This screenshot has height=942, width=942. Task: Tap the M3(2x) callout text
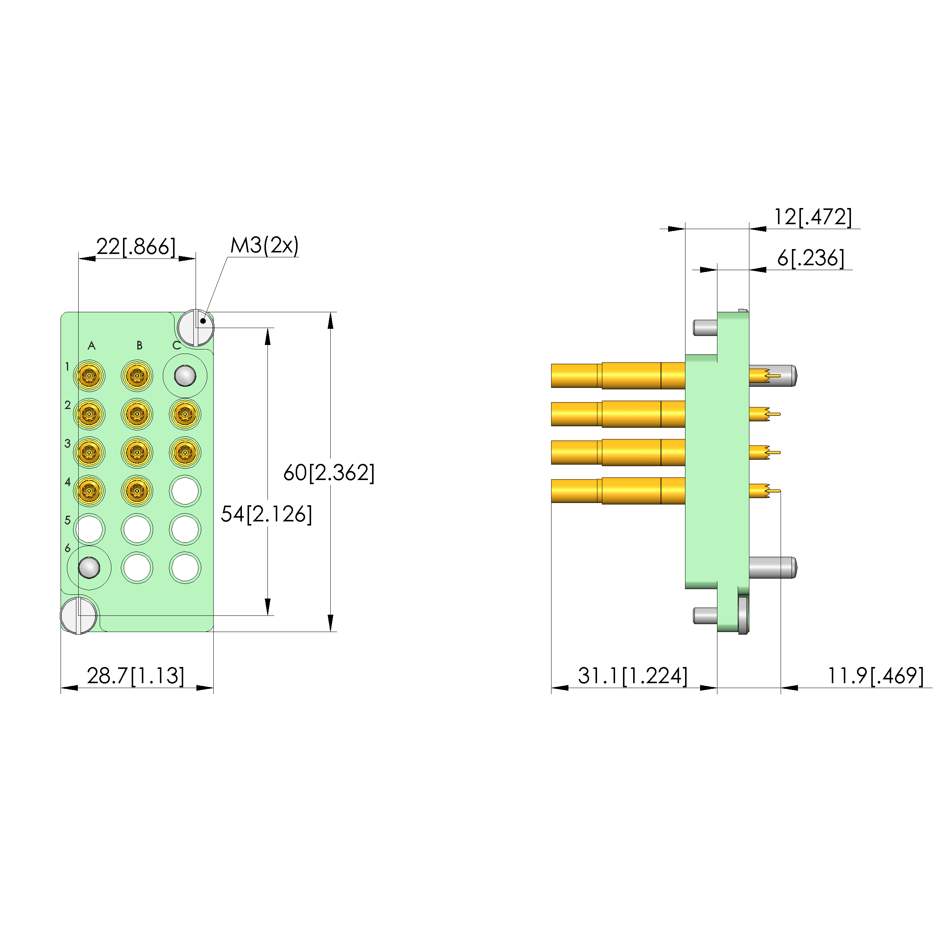pyautogui.click(x=264, y=245)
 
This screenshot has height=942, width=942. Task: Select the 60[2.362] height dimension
pyautogui.click(x=329, y=473)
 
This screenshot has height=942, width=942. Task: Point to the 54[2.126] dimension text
pyautogui.click(x=266, y=514)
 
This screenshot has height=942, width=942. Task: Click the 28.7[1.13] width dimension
pyautogui.click(x=135, y=675)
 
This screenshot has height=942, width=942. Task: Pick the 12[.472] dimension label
pyautogui.click(x=813, y=217)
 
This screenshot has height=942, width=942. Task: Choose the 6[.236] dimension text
pyautogui.click(x=810, y=258)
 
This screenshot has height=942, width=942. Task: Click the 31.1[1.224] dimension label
pyautogui.click(x=632, y=675)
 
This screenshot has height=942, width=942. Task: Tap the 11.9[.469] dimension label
pyautogui.click(x=875, y=675)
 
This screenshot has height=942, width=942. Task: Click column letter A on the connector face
pyautogui.click(x=91, y=346)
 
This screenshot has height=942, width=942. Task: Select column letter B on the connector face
pyautogui.click(x=140, y=346)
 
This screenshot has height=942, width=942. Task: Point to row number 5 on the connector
pyautogui.click(x=67, y=520)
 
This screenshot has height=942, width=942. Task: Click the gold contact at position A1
pyautogui.click(x=89, y=376)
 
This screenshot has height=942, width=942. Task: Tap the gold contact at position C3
pyautogui.click(x=185, y=453)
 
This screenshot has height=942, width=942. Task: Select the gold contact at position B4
pyautogui.click(x=137, y=491)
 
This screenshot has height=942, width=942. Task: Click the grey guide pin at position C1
pyautogui.click(x=185, y=376)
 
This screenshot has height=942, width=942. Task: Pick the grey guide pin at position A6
pyautogui.click(x=89, y=568)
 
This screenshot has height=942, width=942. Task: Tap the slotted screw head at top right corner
pyautogui.click(x=196, y=328)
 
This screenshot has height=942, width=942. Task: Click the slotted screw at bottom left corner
pyautogui.click(x=79, y=615)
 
